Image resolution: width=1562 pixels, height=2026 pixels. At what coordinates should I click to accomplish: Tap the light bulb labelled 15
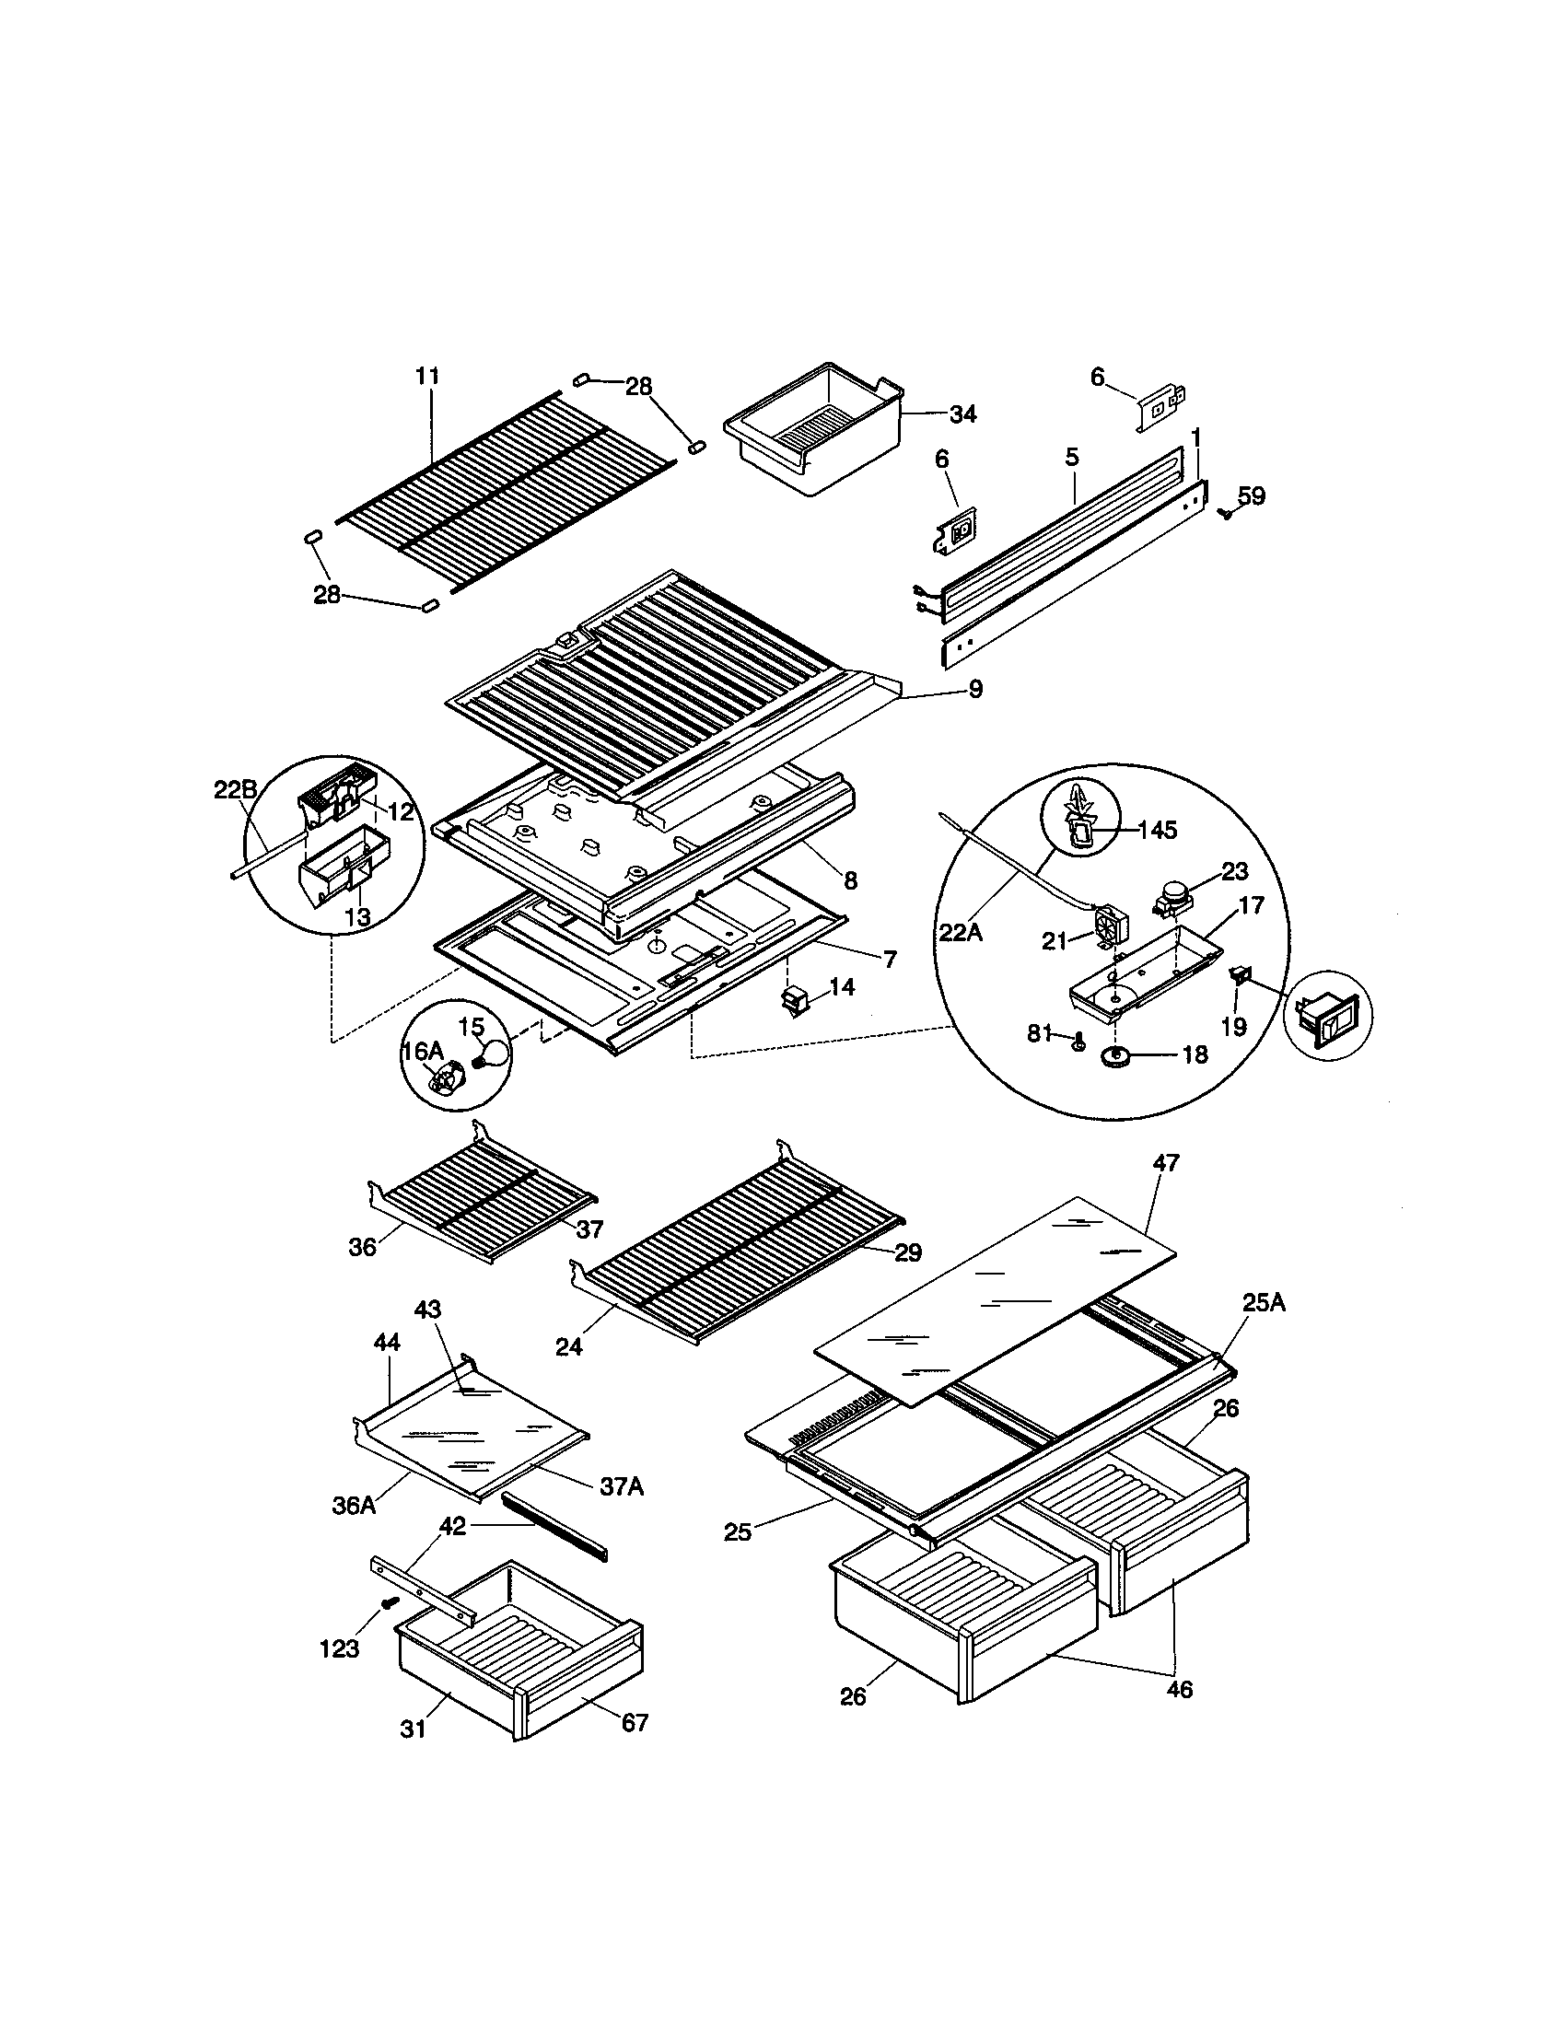coord(495,1054)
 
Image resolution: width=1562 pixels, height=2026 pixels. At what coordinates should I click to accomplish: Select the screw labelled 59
coord(1226,512)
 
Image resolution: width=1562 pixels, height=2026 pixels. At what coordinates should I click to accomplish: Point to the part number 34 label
coord(962,414)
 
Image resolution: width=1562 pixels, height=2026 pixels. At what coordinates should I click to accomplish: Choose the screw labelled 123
coord(389,1602)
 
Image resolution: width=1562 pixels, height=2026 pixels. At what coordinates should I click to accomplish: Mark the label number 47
coord(1165,1162)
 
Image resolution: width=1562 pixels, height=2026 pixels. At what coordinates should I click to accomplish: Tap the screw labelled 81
coord(1078,1043)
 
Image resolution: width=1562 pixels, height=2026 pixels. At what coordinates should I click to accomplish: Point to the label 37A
coord(622,1486)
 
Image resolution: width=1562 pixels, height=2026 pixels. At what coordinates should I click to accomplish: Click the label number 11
coord(427,376)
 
